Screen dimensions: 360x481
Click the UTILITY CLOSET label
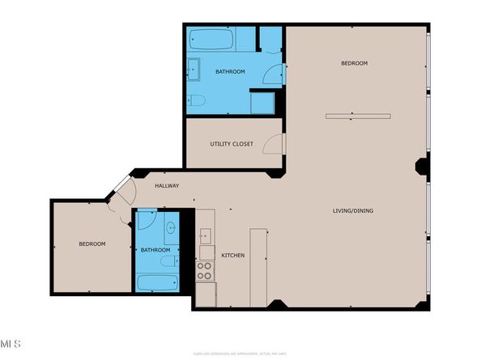232,144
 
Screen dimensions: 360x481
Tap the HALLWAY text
167,186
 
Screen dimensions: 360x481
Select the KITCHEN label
233,256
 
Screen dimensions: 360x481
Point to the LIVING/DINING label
352,211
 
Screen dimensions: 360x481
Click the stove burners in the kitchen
205,270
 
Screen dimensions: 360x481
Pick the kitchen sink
206,236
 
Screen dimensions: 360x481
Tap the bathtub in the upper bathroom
211,40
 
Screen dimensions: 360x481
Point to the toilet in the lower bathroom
168,261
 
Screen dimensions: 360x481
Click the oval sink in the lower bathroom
170,227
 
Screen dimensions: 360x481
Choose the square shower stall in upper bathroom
261,104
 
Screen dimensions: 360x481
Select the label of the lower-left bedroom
92,244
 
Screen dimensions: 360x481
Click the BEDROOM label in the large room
354,63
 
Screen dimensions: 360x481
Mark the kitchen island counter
258,267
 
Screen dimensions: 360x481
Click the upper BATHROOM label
230,72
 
